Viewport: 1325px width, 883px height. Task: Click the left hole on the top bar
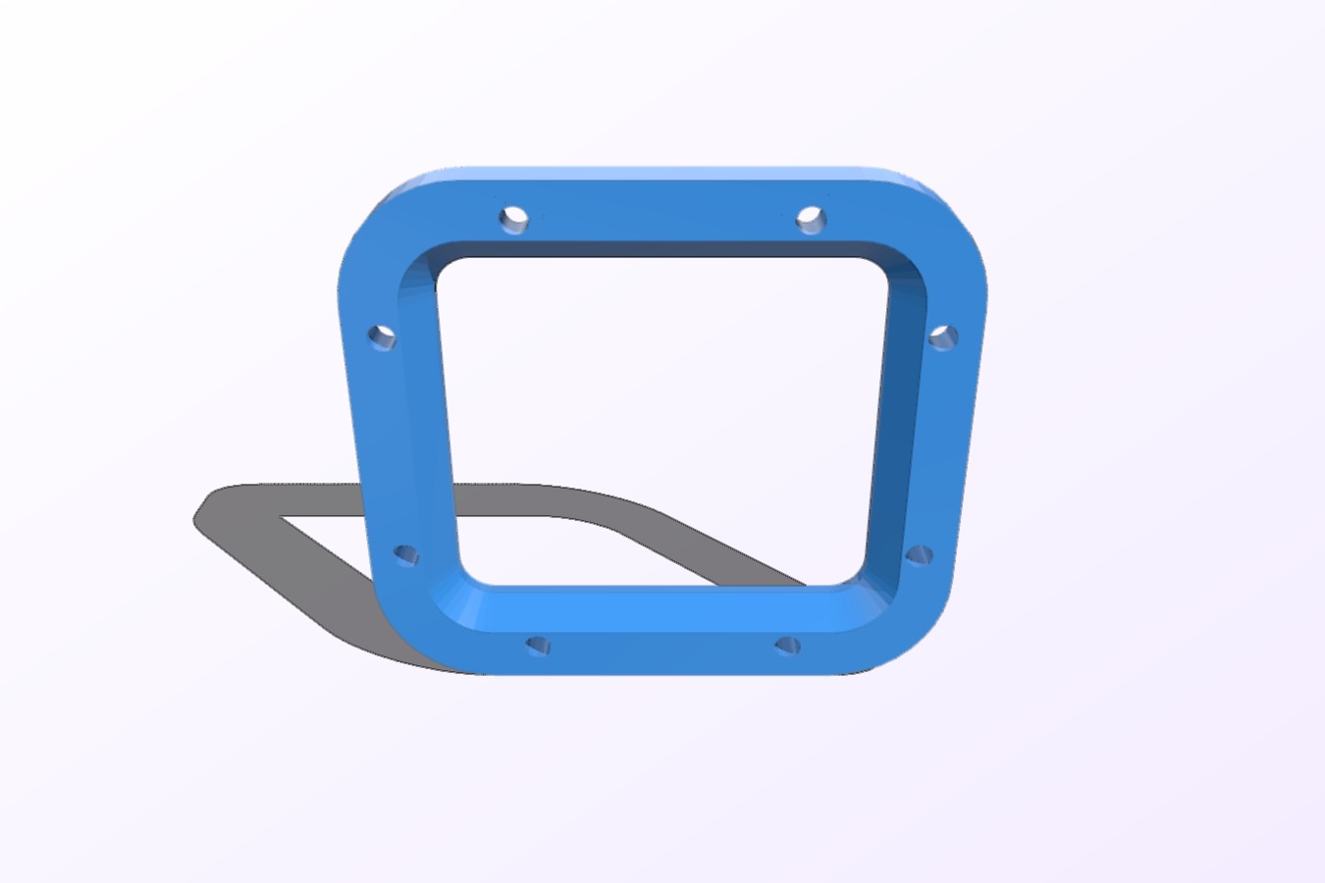[x=513, y=218]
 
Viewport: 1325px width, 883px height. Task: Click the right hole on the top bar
[x=811, y=219]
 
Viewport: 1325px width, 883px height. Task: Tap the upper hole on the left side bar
[x=383, y=338]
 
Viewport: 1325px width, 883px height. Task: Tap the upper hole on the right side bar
[x=943, y=338]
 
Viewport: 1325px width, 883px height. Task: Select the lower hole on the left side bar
[x=406, y=556]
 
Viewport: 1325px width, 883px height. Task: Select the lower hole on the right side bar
[x=919, y=556]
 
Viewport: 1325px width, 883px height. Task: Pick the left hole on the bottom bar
[x=538, y=646]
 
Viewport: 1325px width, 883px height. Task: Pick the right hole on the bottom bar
[x=788, y=646]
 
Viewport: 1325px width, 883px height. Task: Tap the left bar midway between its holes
[x=395, y=446]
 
